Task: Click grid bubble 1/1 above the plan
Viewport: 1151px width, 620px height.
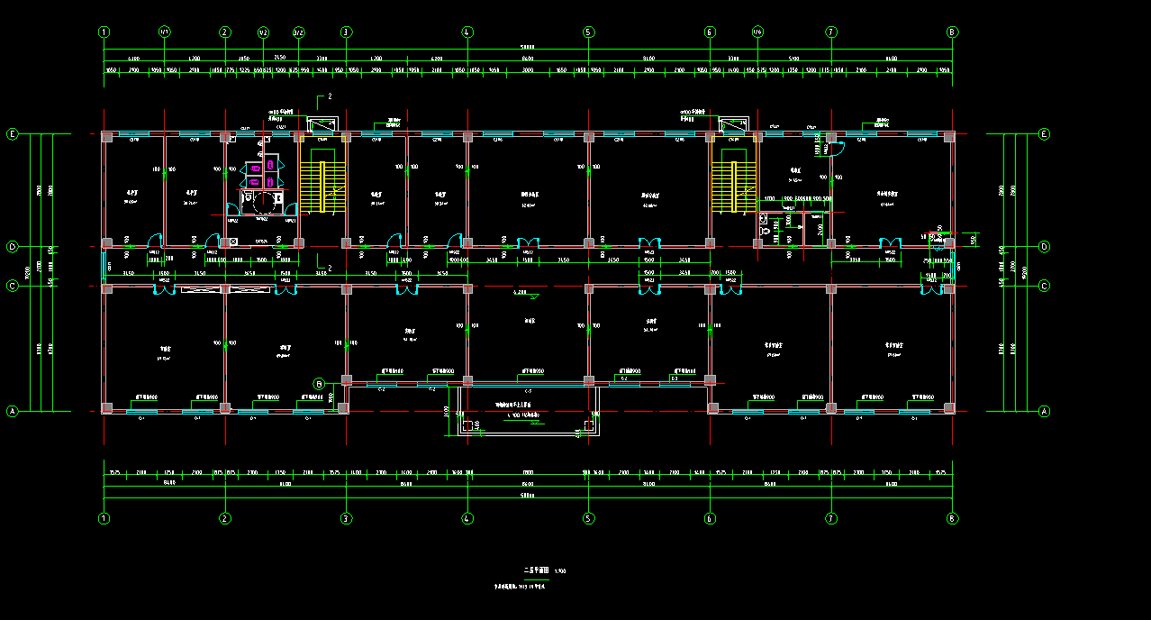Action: (164, 32)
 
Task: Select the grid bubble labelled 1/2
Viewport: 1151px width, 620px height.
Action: (263, 32)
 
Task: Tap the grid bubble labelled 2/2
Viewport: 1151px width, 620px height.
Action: (298, 32)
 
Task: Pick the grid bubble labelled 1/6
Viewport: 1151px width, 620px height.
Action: (757, 32)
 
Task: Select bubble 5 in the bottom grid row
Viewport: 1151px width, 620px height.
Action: (589, 518)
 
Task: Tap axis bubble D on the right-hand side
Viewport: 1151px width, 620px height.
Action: (1045, 246)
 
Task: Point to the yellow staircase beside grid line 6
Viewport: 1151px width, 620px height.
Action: (731, 187)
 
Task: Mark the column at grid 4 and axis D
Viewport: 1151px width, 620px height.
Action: (467, 243)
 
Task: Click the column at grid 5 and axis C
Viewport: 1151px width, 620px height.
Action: (589, 288)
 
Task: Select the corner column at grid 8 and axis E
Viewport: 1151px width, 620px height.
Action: (950, 136)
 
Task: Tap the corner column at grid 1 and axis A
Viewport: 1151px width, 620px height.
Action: (106, 408)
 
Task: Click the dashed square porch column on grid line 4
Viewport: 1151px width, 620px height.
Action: (468, 425)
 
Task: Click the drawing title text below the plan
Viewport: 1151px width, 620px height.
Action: (536, 570)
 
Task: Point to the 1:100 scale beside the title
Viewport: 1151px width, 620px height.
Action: (561, 570)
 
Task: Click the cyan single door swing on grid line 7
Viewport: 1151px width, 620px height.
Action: (835, 150)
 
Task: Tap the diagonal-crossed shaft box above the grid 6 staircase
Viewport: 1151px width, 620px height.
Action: (732, 124)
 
